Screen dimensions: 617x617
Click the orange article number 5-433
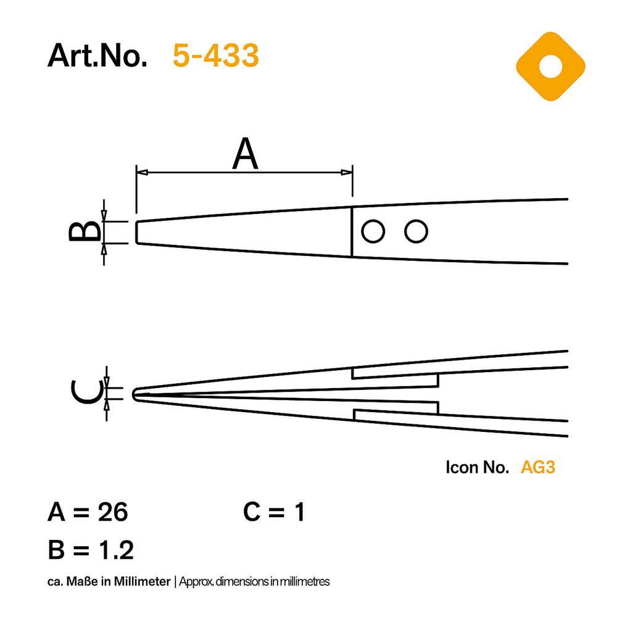click(215, 56)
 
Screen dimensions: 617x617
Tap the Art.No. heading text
click(97, 56)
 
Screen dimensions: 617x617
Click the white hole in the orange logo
click(550, 67)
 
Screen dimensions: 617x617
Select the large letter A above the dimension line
click(245, 154)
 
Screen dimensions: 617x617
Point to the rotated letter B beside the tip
click(84, 231)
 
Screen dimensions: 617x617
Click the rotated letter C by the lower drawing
click(86, 392)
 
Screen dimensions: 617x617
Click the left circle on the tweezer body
click(373, 231)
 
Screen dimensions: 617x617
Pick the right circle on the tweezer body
click(416, 231)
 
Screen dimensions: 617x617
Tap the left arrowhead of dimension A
click(142, 172)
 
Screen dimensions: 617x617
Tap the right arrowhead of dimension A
click(347, 172)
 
